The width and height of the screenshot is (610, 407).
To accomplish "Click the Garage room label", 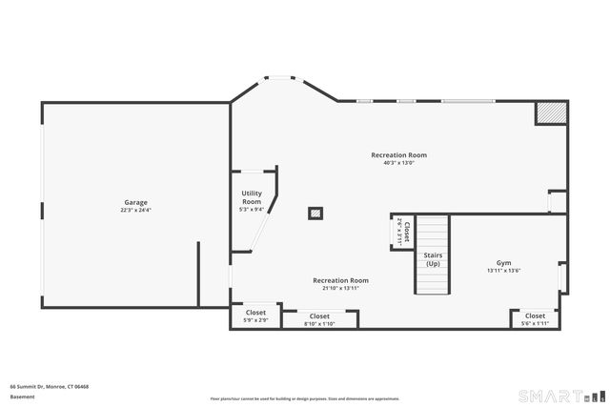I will tap(135, 202).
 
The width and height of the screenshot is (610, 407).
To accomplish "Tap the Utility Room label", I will tap(251, 198).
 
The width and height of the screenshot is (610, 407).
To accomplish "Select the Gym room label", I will tap(503, 263).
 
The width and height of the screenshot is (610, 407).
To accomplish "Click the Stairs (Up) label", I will tap(433, 259).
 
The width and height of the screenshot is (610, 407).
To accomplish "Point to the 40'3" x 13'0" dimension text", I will tap(398, 162).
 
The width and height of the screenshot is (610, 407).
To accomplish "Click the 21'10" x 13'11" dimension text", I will tap(340, 288).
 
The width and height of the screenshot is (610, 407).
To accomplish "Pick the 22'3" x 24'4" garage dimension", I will tap(135, 210).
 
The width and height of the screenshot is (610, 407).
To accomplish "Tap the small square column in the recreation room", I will tap(315, 214).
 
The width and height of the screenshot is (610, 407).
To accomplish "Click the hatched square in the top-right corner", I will tap(550, 112).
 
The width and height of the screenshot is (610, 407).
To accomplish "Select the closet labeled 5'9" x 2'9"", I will tap(255, 316).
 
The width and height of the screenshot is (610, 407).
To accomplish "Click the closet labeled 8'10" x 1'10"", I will tap(319, 320).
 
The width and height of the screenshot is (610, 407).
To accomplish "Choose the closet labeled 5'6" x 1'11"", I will tap(535, 319).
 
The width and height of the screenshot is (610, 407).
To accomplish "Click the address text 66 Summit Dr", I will tap(50, 386).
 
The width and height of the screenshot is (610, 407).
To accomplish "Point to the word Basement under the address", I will tap(22, 396).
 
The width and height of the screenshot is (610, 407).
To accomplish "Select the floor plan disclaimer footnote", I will tap(304, 398).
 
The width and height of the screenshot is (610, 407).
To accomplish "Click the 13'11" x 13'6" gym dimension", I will tap(503, 271).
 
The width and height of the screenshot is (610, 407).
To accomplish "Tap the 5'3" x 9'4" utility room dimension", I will tap(251, 210).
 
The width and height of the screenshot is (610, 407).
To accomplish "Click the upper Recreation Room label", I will tap(398, 154).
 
